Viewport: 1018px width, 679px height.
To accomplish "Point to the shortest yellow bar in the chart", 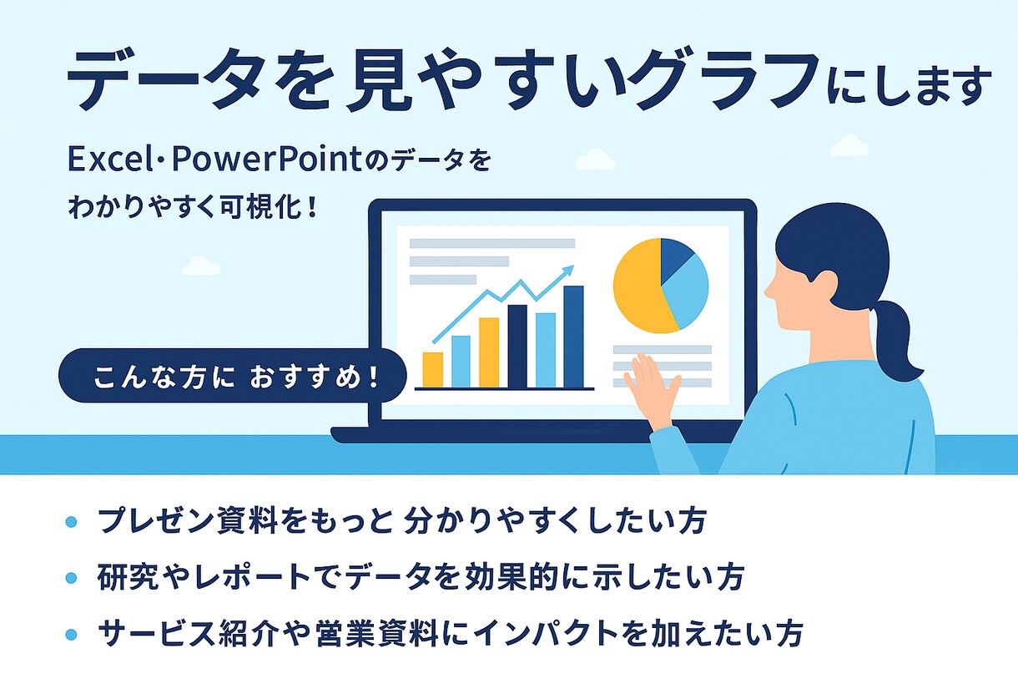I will [433, 370].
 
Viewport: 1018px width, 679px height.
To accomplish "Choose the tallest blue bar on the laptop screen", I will [573, 337].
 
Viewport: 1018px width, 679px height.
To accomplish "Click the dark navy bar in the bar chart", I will [517, 347].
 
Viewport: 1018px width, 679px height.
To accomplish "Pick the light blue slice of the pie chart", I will [687, 289].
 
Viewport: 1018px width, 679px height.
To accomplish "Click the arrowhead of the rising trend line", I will [569, 270].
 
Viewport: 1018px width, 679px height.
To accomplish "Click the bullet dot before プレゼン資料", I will [71, 522].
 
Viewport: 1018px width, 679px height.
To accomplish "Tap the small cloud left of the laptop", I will [200, 266].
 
